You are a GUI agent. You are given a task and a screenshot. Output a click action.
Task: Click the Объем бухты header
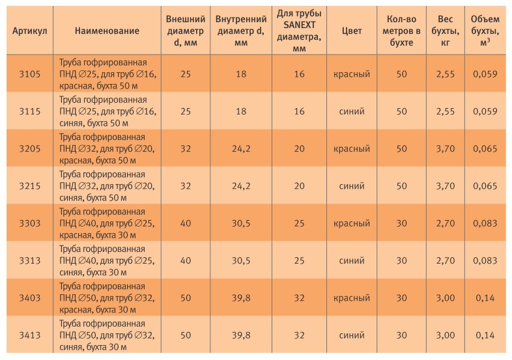[485, 31]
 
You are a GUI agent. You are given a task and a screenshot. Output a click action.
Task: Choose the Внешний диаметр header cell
[186, 31]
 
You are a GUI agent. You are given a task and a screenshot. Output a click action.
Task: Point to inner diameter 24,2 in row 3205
[241, 148]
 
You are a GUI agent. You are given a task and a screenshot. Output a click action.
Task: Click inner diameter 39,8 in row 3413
[241, 335]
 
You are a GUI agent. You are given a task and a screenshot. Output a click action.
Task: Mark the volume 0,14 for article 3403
[485, 298]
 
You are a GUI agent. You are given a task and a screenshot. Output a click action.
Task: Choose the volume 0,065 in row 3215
[485, 186]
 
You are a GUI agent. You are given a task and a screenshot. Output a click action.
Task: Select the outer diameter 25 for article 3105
[186, 74]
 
